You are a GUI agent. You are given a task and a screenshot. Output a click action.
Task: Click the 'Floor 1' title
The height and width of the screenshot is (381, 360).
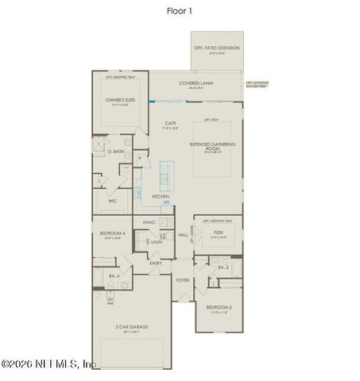[x=180, y=10]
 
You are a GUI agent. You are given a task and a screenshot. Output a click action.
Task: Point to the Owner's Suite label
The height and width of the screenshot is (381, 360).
[x=122, y=99]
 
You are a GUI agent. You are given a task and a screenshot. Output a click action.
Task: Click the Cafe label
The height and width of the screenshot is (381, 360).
[x=170, y=123]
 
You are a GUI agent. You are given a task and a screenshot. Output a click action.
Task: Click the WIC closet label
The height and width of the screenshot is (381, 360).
[x=113, y=201]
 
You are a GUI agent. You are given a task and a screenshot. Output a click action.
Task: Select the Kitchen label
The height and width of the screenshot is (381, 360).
[x=161, y=195]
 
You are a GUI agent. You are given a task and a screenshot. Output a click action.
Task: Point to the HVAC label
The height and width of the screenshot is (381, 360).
[x=149, y=223]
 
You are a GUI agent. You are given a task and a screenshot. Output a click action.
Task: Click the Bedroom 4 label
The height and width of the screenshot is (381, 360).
[x=110, y=233]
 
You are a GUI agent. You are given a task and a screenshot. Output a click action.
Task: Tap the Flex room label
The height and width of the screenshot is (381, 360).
[x=217, y=233]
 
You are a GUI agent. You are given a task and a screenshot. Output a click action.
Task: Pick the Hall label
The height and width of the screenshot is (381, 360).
[x=183, y=235]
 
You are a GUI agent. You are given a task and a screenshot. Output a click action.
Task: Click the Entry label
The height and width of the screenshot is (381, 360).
[x=156, y=263]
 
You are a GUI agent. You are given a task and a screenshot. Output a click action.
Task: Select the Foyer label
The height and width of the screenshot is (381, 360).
[x=183, y=280]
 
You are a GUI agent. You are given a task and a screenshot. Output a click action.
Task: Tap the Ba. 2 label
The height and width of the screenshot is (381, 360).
[x=223, y=268]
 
